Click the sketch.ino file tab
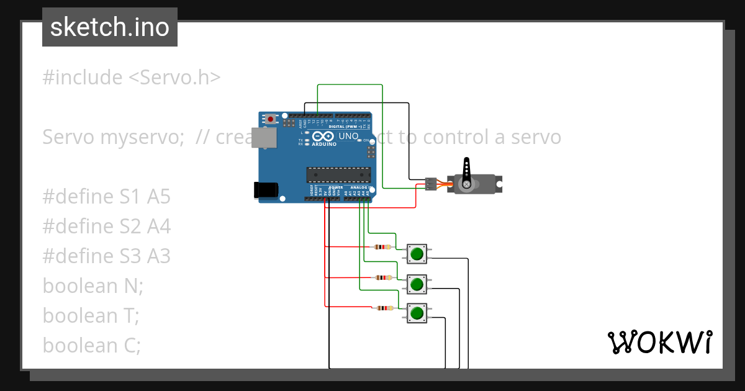tap(110, 27)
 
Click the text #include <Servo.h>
tap(131, 78)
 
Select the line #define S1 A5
tap(106, 197)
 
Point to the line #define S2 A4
tap(106, 227)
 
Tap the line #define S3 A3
tap(106, 256)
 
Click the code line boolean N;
tap(93, 286)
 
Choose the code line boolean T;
tap(91, 316)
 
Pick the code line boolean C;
tap(92, 346)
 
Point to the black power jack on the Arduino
tap(266, 191)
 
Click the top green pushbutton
tap(417, 254)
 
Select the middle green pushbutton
tap(417, 284)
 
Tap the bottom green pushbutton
tap(417, 313)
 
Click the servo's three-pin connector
tap(430, 184)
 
